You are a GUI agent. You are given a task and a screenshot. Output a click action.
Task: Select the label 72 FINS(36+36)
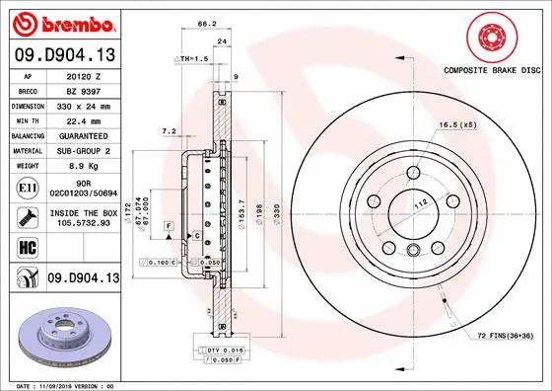pos(505,337)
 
